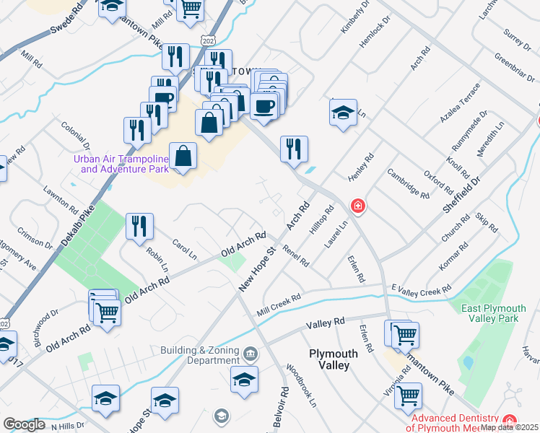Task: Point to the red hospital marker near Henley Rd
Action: (357, 207)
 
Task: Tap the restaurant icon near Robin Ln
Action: (139, 226)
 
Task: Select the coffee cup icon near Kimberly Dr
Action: (263, 105)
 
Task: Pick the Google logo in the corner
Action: (24, 424)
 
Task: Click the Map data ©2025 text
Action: (509, 427)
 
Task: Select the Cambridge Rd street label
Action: (408, 183)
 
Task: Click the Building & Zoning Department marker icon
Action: (251, 354)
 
